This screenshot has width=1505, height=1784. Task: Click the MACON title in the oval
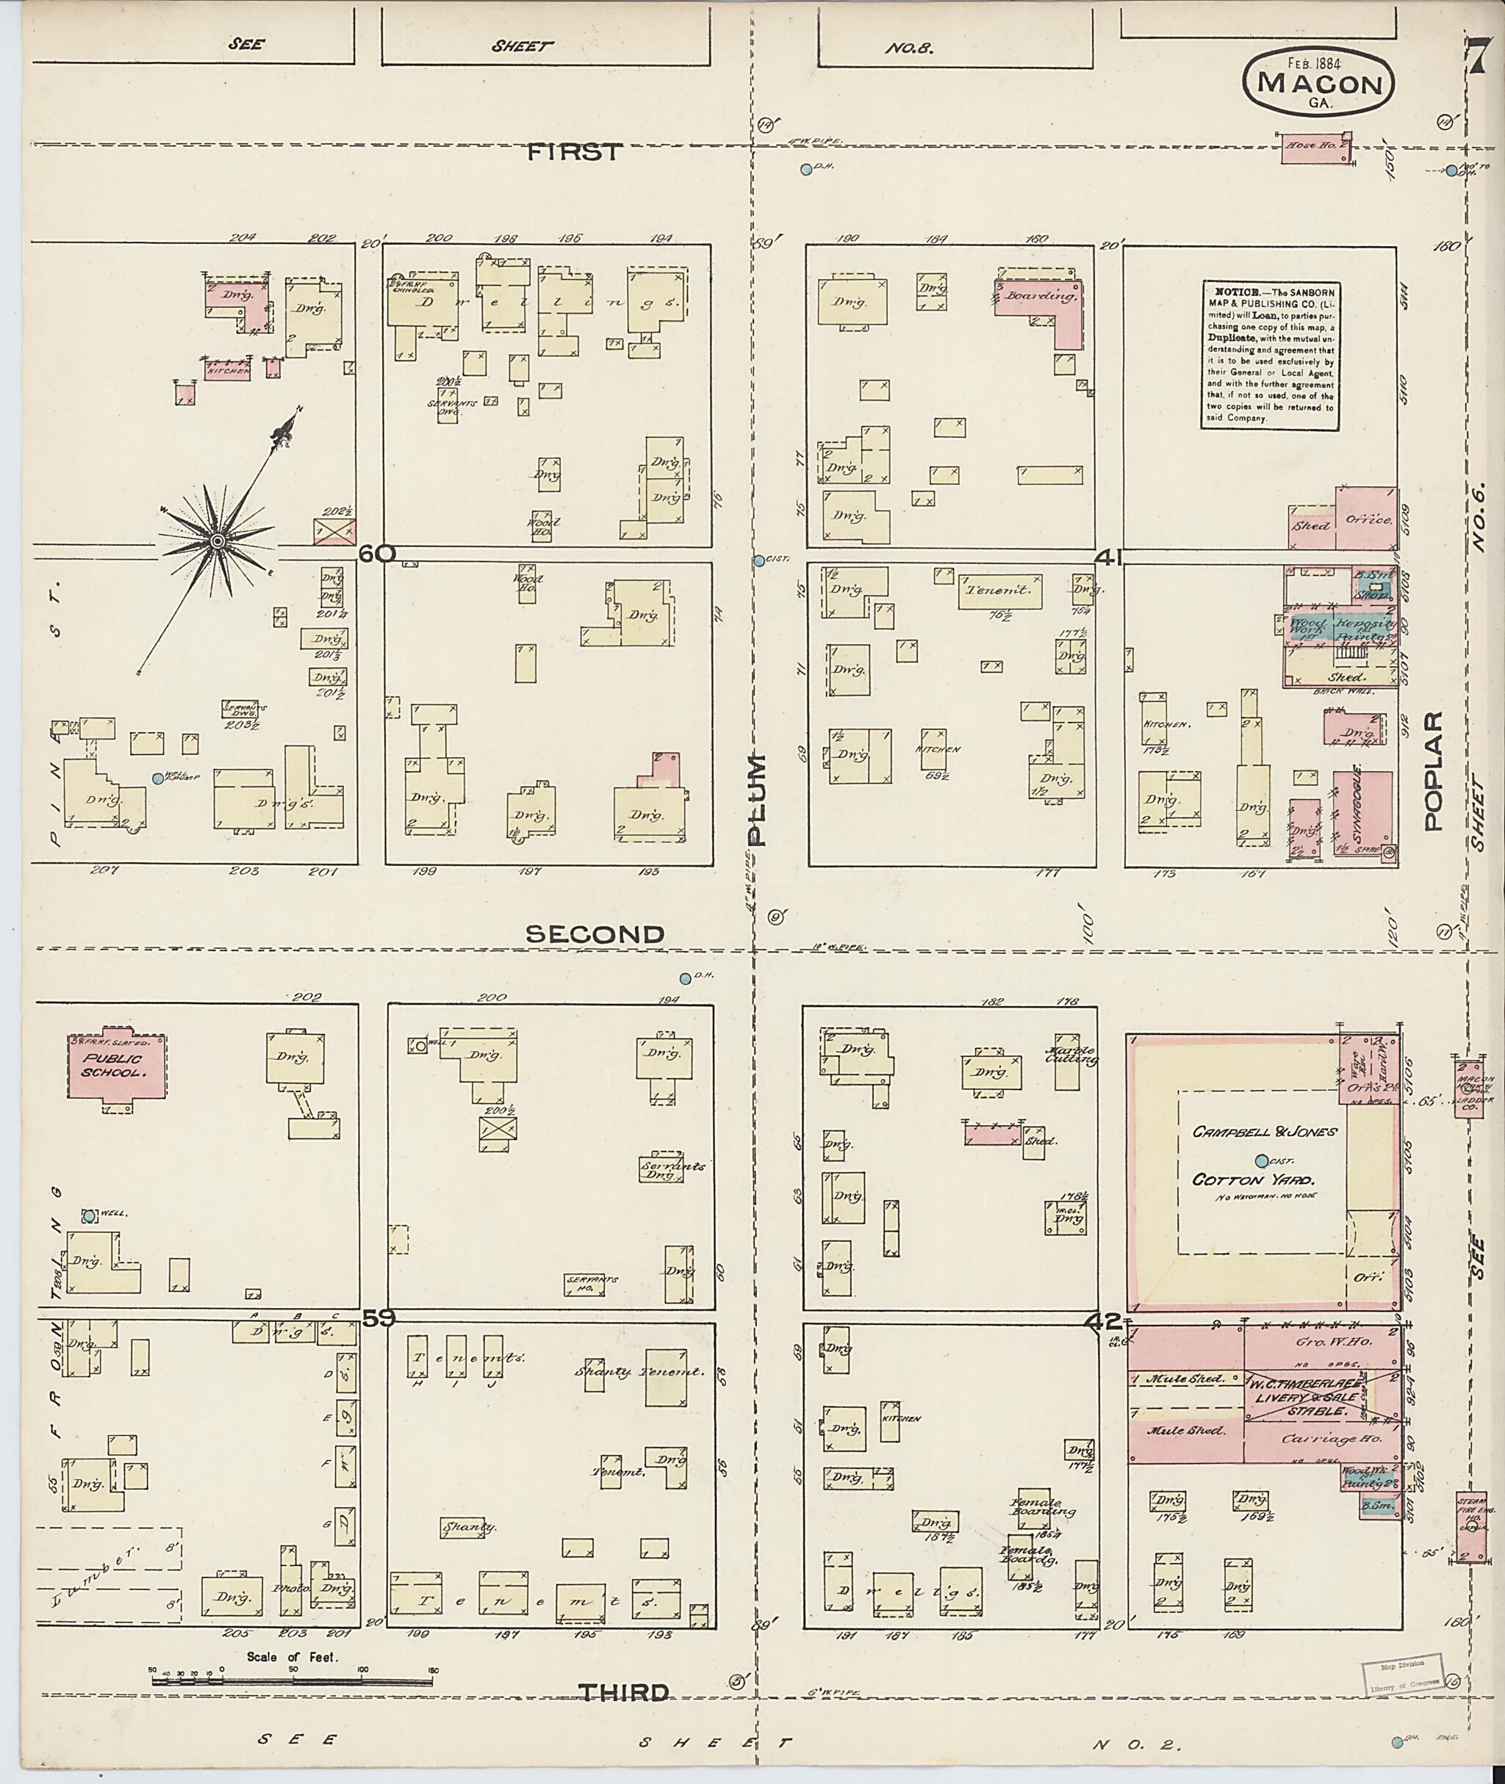click(x=1319, y=85)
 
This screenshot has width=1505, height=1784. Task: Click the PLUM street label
click(x=757, y=799)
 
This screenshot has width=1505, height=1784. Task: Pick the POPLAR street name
click(x=1432, y=771)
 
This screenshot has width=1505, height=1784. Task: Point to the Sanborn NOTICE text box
click(x=1271, y=354)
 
